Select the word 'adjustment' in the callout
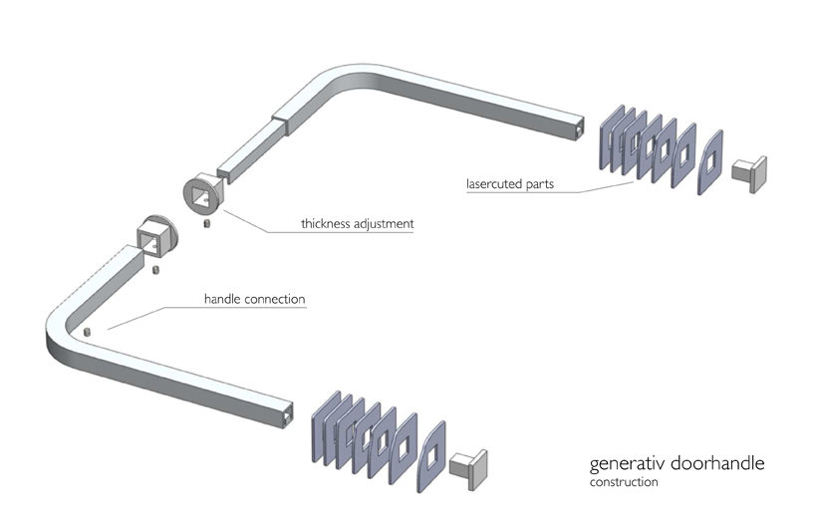pyautogui.click(x=387, y=224)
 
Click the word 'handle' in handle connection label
pyautogui.click(x=224, y=299)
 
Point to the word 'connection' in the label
pyautogui.click(x=276, y=299)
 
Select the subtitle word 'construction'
pyautogui.click(x=624, y=482)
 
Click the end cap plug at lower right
pyautogui.click(x=467, y=465)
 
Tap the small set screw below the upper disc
pyautogui.click(x=207, y=223)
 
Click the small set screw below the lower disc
pyautogui.click(x=156, y=269)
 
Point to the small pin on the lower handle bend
pyautogui.click(x=88, y=332)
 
